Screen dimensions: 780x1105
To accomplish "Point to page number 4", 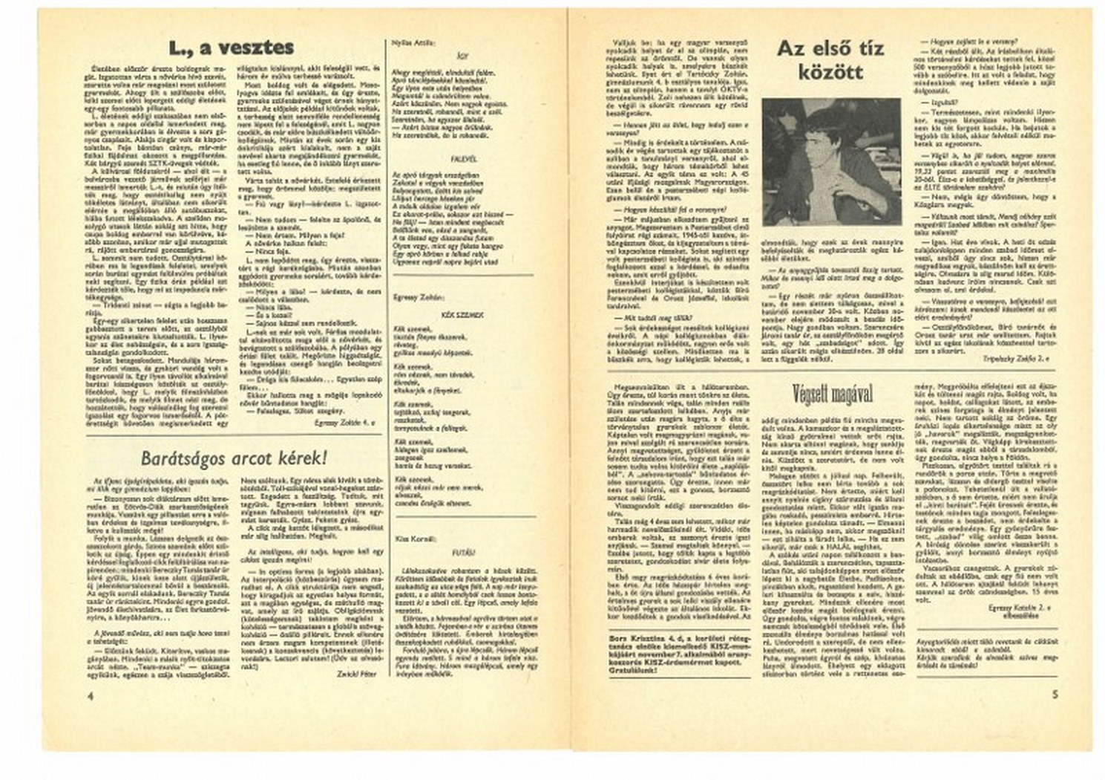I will [90, 695].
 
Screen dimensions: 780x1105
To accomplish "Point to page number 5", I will [1055, 695].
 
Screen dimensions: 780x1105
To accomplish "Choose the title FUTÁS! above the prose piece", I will [464, 553].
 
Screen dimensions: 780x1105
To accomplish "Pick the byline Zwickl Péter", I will [355, 674].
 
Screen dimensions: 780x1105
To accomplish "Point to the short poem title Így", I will [464, 56].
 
